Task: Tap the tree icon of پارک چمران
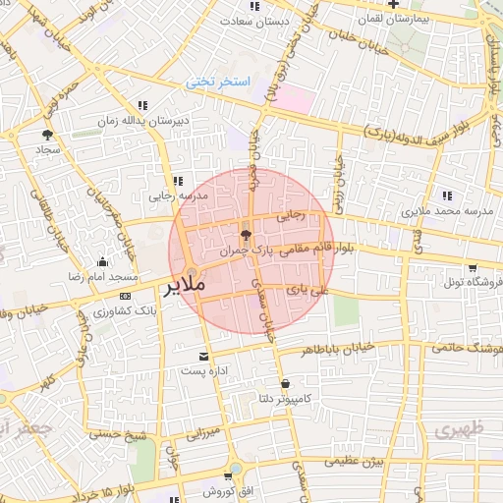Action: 246,235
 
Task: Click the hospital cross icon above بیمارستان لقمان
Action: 393,5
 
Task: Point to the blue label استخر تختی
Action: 219,84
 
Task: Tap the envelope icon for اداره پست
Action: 203,356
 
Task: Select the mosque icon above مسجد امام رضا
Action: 102,261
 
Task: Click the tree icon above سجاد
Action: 46,136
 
